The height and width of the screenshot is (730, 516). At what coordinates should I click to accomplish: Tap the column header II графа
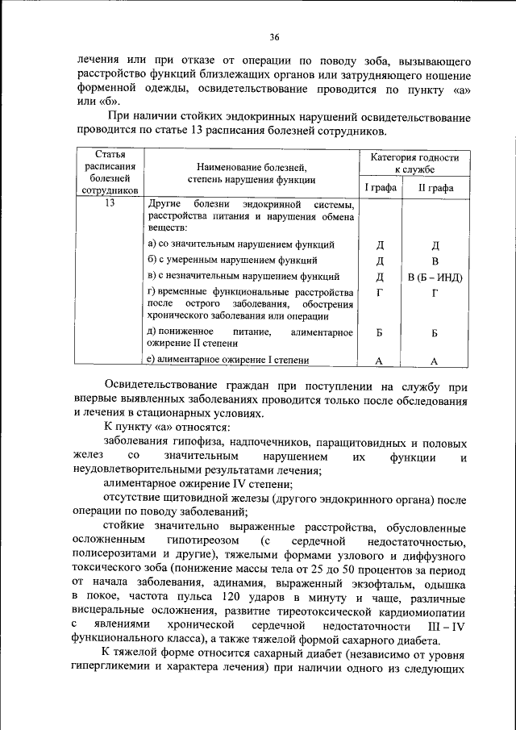click(435, 189)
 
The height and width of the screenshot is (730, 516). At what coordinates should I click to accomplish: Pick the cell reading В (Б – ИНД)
click(435, 277)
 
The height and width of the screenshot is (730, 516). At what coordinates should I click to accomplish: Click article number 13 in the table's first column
click(110, 203)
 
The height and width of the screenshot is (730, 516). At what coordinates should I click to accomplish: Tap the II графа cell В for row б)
click(435, 261)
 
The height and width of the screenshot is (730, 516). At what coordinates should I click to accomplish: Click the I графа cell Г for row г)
click(380, 293)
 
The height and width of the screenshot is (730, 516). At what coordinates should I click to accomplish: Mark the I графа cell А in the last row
click(380, 361)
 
